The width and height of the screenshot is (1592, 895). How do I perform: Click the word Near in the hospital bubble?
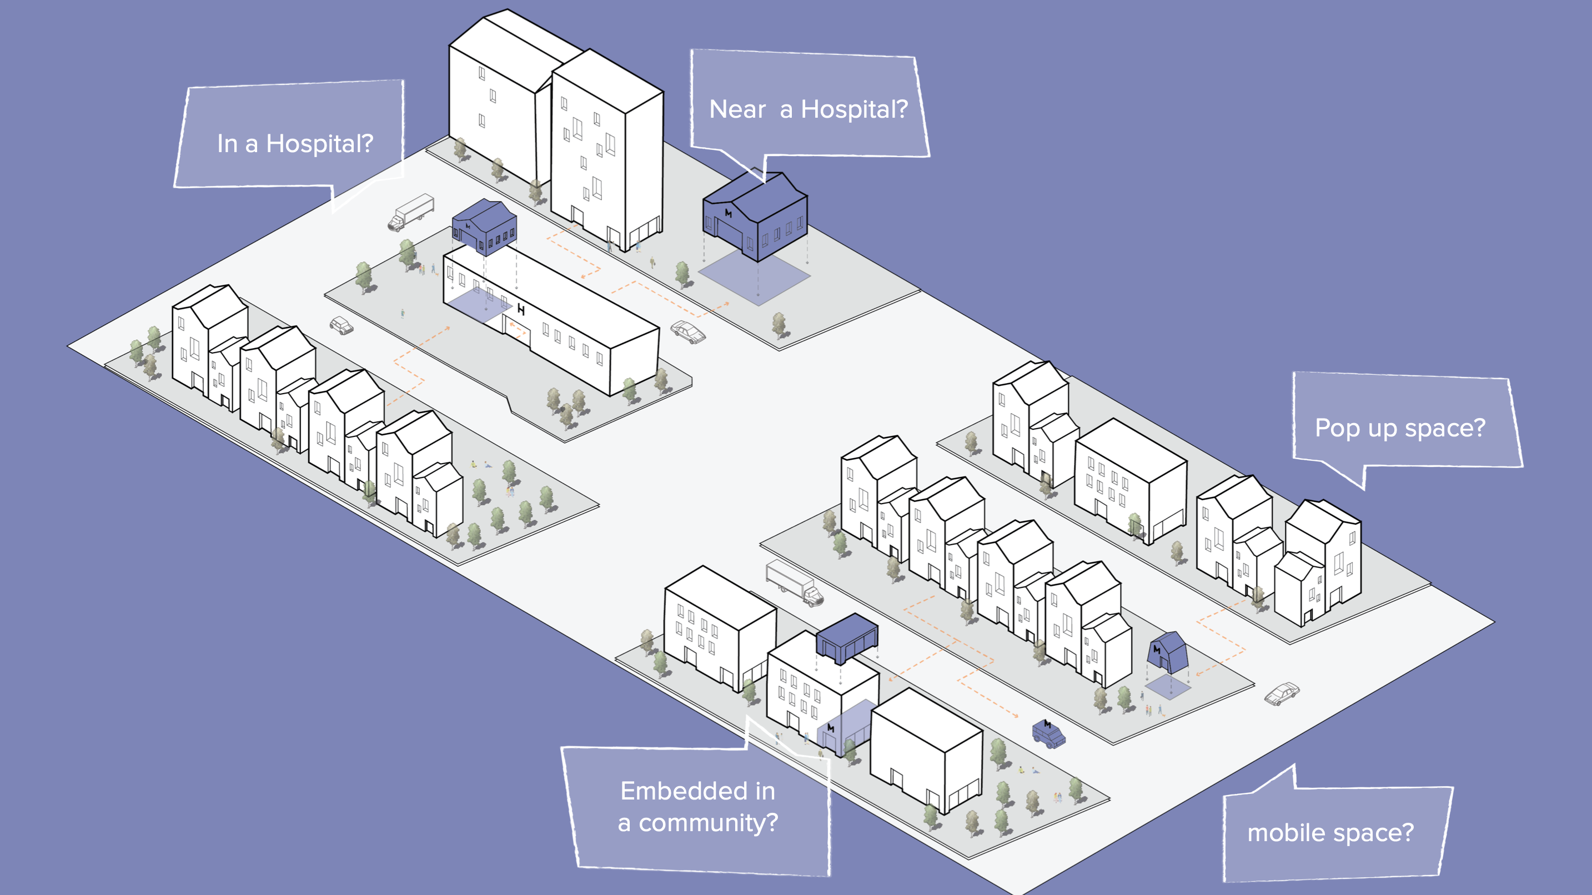737,109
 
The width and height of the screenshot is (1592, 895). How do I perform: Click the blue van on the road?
1049,733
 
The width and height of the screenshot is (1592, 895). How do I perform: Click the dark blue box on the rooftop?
847,638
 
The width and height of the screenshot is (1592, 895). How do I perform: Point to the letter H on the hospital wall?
521,309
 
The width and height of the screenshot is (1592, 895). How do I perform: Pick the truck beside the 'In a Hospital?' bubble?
411,212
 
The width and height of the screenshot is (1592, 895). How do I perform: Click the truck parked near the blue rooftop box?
794,582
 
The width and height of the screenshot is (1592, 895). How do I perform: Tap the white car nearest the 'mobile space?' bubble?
1282,693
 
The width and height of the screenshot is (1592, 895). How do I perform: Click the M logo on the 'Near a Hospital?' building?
728,213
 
